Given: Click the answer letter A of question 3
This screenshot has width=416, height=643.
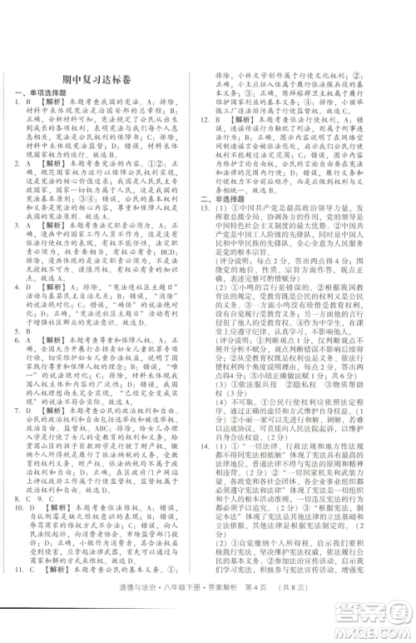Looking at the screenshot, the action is (x=29, y=247).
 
